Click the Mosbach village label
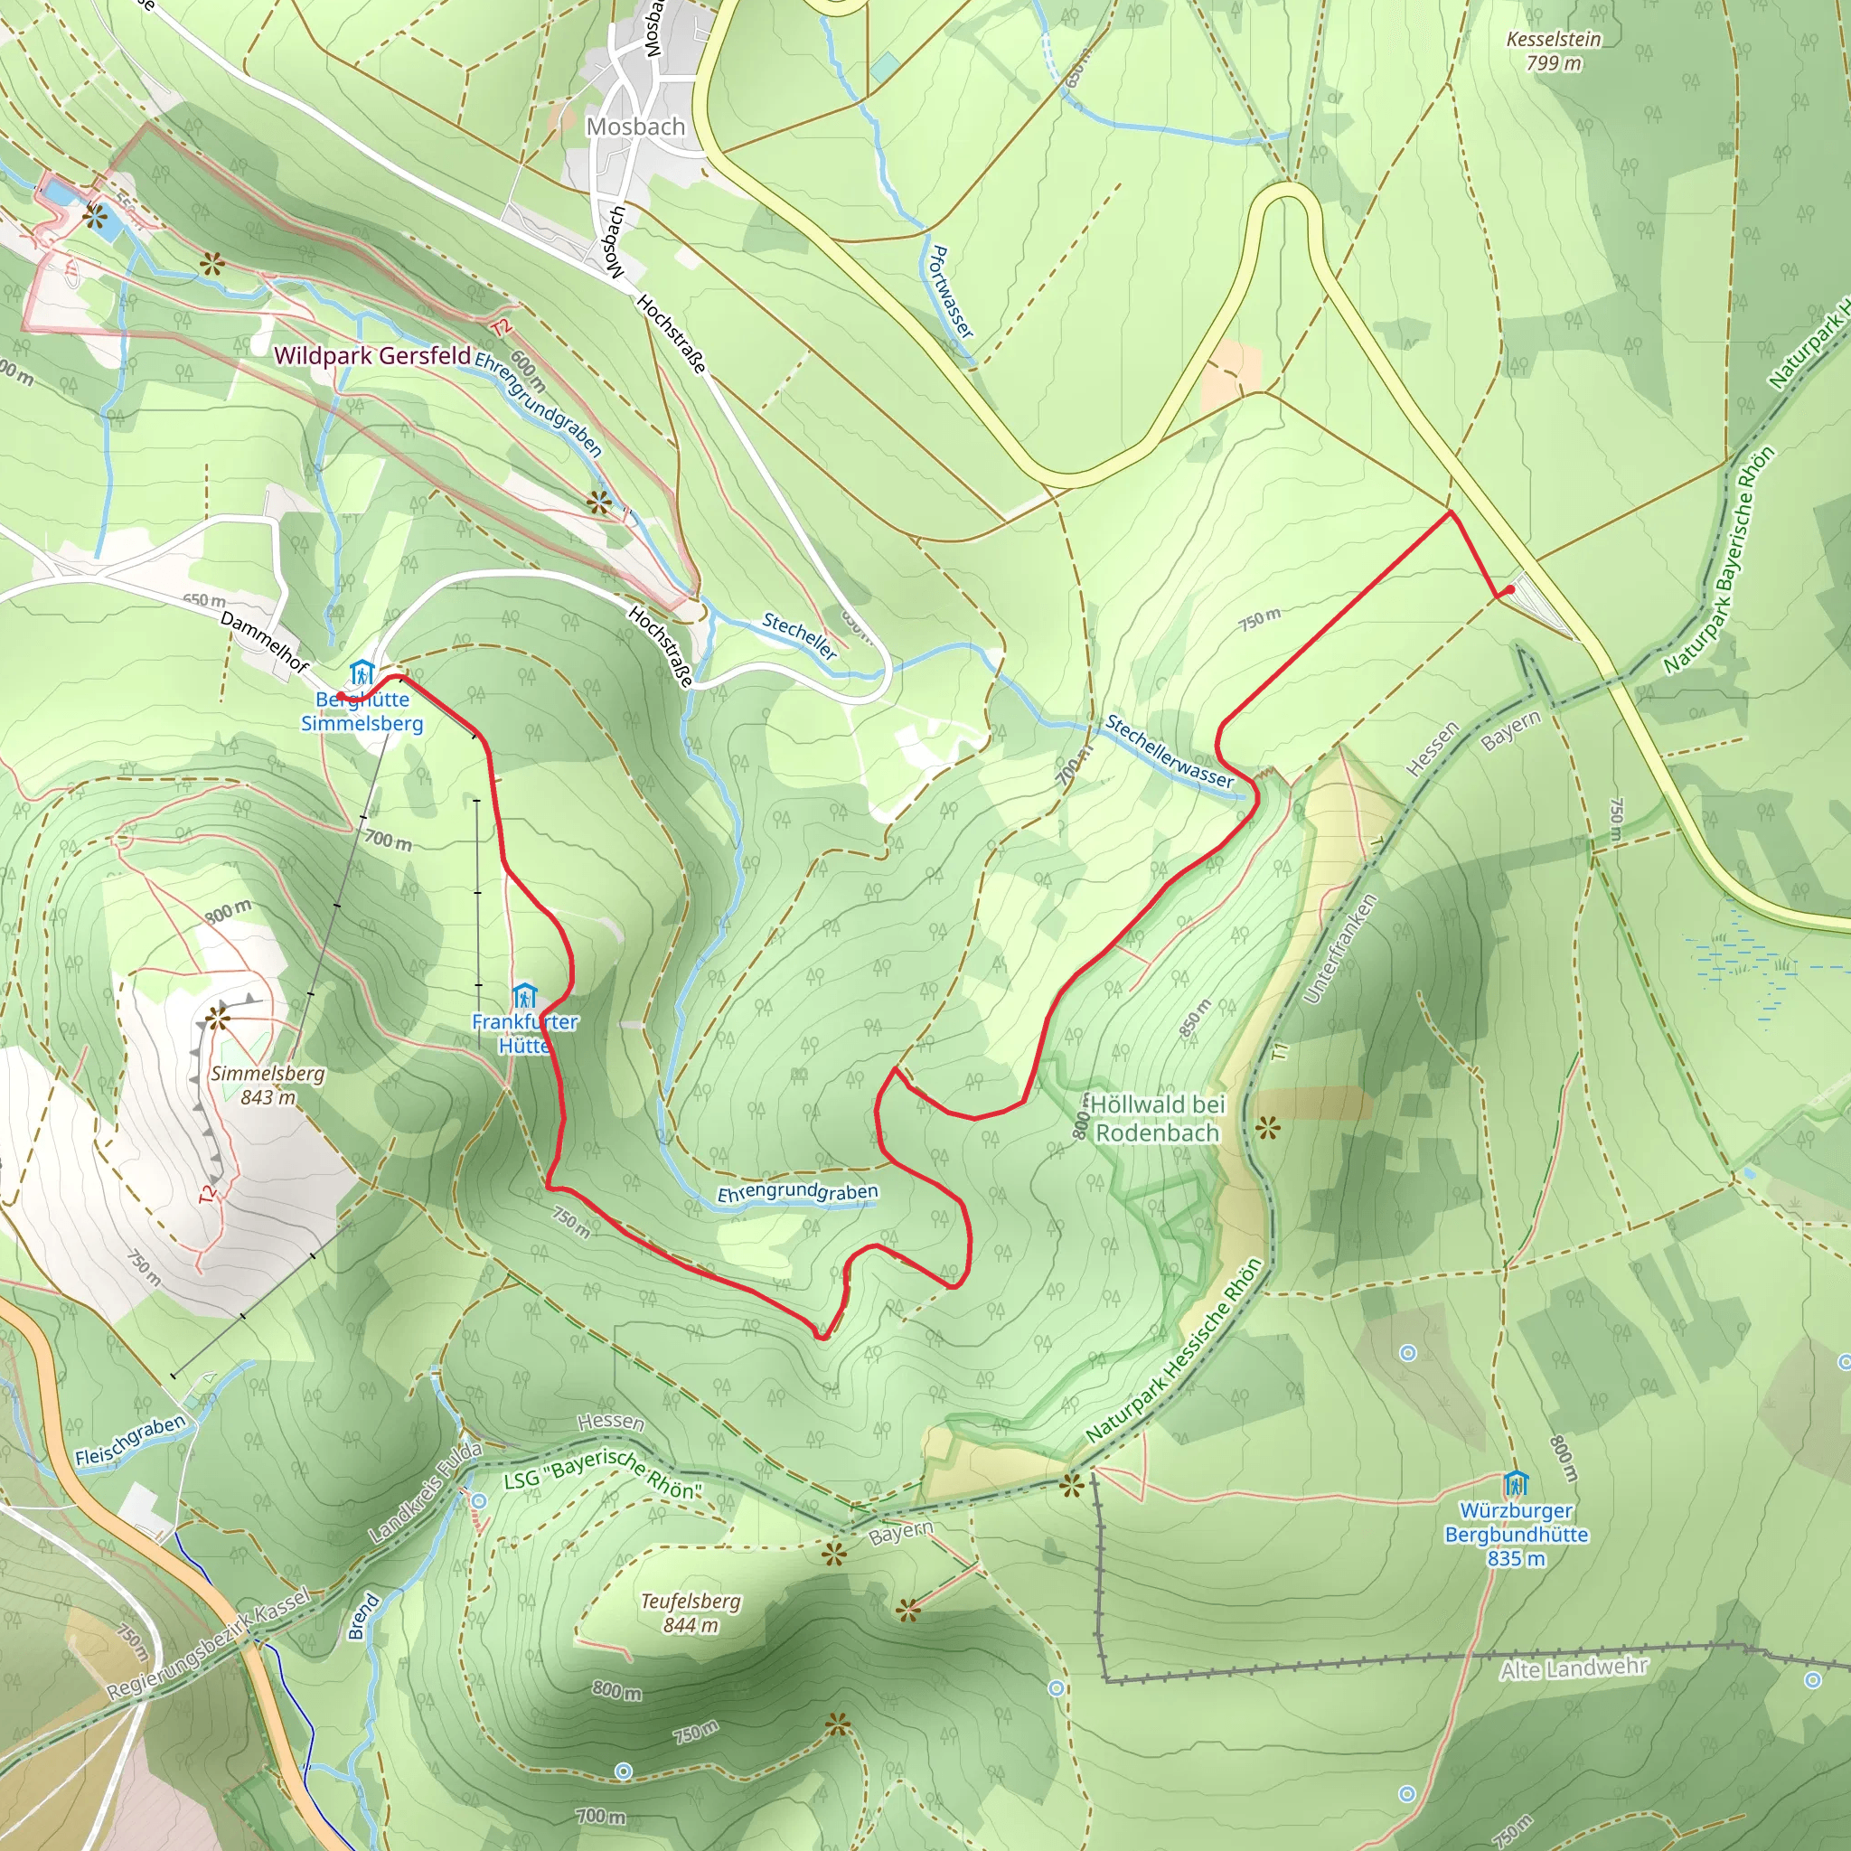click(x=635, y=127)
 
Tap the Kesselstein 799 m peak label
click(x=1553, y=51)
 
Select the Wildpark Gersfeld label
click(x=371, y=355)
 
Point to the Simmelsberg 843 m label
click(x=268, y=1085)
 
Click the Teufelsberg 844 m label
click(x=691, y=1612)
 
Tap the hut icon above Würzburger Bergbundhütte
click(x=1516, y=1484)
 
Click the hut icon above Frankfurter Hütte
click(x=523, y=995)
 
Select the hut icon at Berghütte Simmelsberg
click(x=361, y=672)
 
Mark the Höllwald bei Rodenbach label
click(x=1158, y=1118)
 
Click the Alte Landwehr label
click(x=1574, y=1669)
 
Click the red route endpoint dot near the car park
click(x=1511, y=590)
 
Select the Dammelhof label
click(x=265, y=641)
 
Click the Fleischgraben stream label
click(x=130, y=1440)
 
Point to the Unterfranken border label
click(x=1340, y=948)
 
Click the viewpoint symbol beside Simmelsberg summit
click(x=219, y=1018)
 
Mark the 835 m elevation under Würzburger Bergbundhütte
click(x=1517, y=1559)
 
